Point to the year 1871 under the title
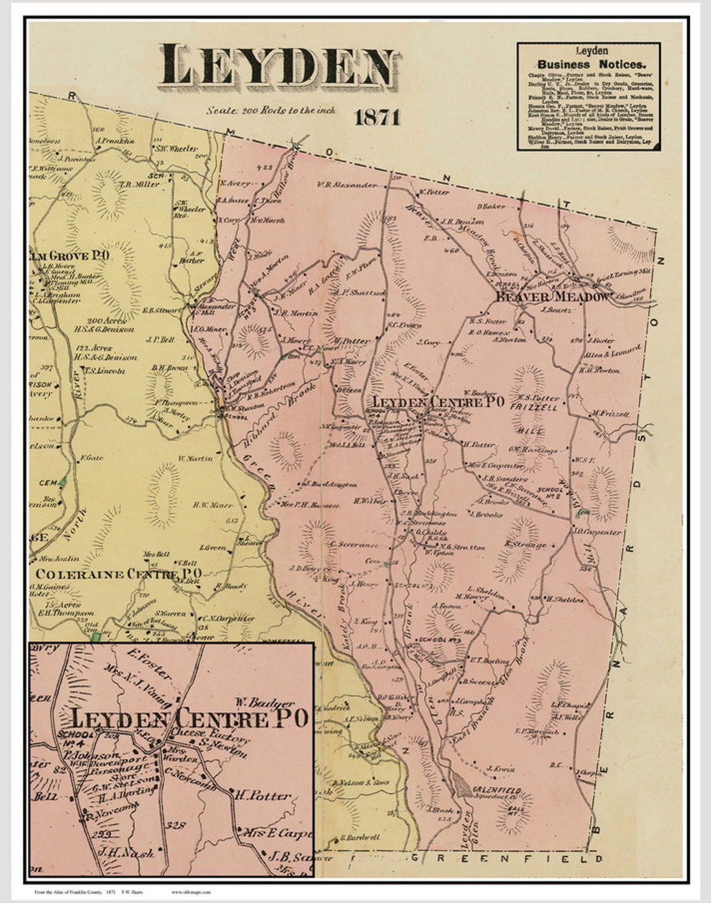point(377,117)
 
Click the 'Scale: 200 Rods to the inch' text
point(271,110)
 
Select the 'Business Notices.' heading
point(591,64)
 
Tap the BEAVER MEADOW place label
point(551,297)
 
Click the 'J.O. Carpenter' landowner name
point(597,532)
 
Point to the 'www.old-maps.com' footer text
point(191,892)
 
